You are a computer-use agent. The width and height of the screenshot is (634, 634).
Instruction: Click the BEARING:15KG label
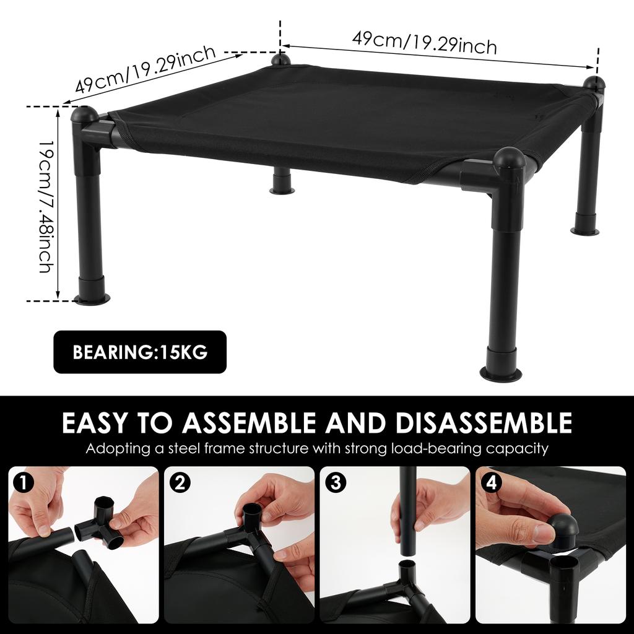(140, 352)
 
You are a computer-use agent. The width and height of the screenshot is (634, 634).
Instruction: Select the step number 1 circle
(23, 482)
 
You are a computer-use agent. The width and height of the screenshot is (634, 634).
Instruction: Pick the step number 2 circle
(180, 482)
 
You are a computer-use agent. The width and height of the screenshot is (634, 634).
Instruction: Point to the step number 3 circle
(335, 482)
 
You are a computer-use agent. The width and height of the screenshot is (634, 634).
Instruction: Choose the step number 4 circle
(491, 482)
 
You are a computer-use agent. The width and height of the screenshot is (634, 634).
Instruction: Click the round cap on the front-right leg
(510, 160)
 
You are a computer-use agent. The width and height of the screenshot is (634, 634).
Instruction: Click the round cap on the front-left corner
(84, 114)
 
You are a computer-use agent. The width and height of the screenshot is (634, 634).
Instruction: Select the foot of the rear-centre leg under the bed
(282, 185)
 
